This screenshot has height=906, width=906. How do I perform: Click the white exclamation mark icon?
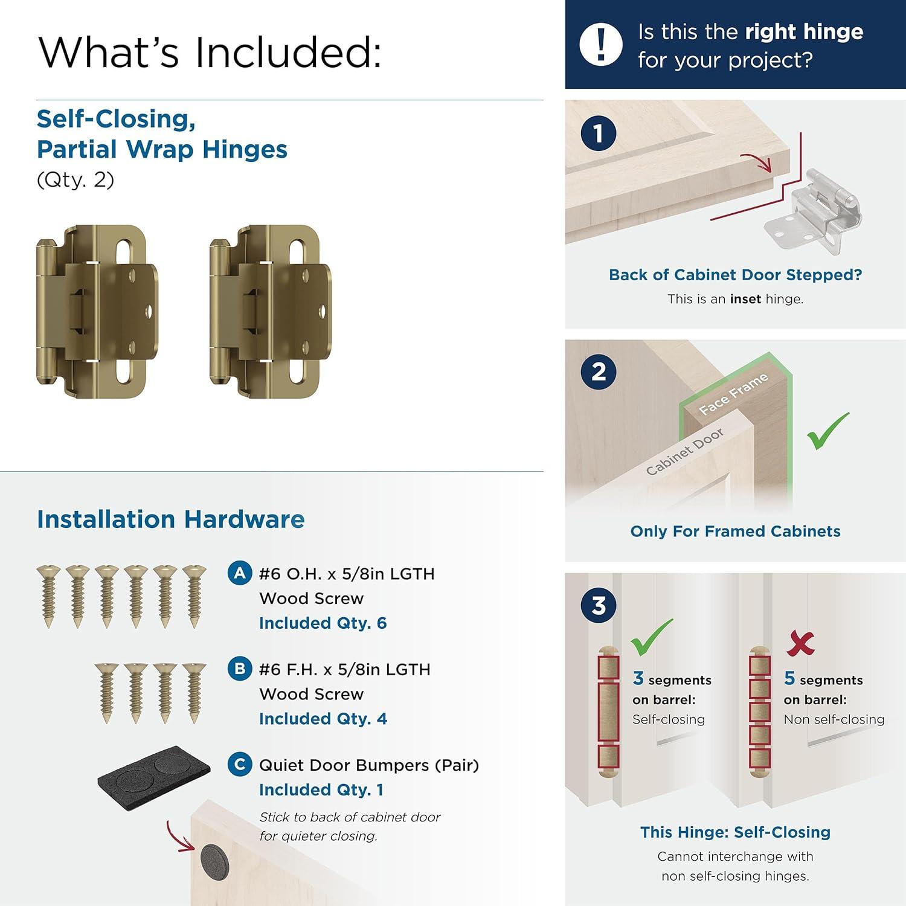click(600, 44)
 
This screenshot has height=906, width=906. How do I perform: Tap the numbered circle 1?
click(598, 133)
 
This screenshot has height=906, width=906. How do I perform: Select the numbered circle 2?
click(598, 371)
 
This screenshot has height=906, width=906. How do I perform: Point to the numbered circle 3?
click(598, 605)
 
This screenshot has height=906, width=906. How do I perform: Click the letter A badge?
click(240, 573)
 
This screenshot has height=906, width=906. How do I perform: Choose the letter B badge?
click(240, 669)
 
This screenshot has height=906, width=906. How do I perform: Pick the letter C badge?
click(240, 764)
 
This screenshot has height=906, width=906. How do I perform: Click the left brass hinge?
click(97, 311)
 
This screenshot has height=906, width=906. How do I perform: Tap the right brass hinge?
click(270, 311)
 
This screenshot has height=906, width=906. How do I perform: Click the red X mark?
click(801, 644)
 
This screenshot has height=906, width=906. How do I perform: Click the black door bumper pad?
click(154, 777)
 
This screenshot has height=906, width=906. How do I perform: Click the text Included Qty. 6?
click(323, 623)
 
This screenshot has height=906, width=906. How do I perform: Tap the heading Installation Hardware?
click(170, 519)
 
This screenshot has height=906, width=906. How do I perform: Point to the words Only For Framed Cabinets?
click(735, 531)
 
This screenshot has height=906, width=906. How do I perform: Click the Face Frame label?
click(733, 394)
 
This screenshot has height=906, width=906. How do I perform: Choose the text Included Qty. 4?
click(323, 719)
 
